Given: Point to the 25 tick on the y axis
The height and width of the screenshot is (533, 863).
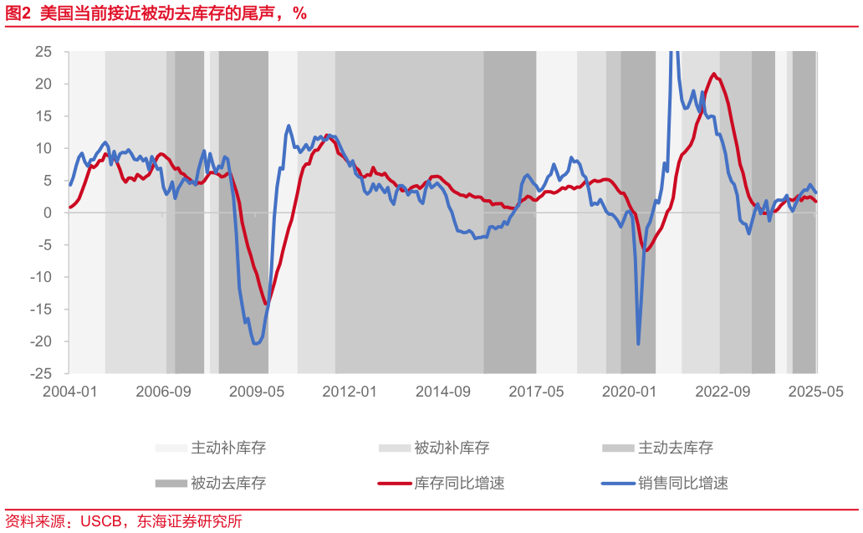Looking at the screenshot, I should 43,52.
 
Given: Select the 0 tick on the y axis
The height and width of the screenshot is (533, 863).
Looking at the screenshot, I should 49,213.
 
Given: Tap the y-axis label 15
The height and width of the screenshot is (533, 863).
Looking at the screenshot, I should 43,116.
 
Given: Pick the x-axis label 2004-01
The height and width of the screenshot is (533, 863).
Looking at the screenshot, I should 69,392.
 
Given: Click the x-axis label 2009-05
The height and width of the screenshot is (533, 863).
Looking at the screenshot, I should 257,392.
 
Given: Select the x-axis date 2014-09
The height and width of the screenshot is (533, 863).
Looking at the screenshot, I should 443,392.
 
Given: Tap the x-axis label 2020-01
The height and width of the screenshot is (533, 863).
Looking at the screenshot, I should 630,392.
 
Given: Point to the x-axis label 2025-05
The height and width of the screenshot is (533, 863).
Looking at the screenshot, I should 816,392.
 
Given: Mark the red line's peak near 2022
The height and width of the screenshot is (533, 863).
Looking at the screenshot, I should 713,74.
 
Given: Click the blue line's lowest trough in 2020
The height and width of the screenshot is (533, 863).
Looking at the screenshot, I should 638,344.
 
